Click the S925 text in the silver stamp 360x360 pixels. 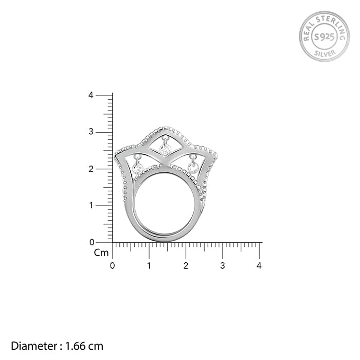pyautogui.click(x=324, y=37)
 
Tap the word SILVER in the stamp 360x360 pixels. pyautogui.click(x=325, y=53)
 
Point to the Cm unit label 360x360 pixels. pyautogui.click(x=101, y=253)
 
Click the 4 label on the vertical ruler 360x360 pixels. pyautogui.click(x=91, y=95)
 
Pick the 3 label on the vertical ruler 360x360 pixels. pyautogui.click(x=91, y=132)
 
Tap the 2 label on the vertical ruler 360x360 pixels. pyautogui.click(x=91, y=169)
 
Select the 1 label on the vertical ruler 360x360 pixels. pyautogui.click(x=92, y=205)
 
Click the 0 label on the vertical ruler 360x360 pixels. pyautogui.click(x=92, y=242)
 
